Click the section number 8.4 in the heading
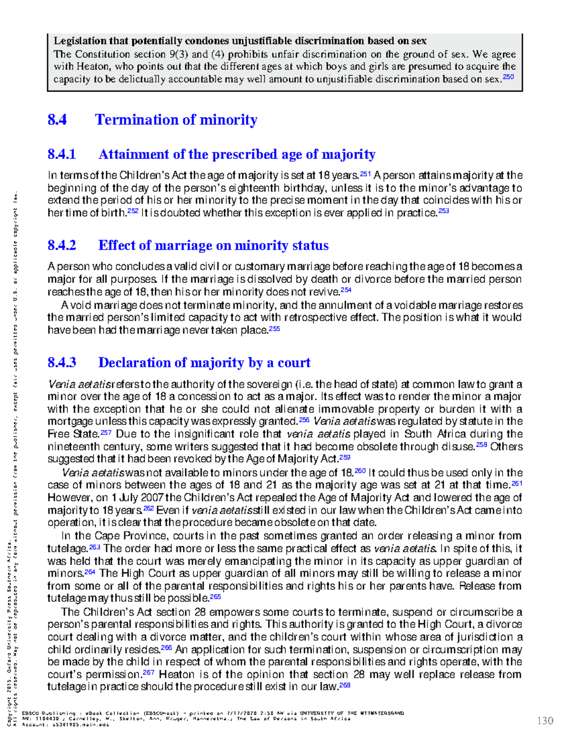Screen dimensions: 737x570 57,120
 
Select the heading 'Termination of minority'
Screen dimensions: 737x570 176,120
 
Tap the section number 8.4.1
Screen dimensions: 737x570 62,154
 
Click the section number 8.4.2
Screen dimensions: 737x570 62,245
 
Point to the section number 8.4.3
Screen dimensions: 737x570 62,363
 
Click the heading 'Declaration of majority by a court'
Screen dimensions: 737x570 204,363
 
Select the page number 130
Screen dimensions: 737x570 545,721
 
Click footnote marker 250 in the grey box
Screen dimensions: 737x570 508,77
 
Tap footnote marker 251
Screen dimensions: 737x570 365,174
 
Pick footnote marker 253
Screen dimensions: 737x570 443,211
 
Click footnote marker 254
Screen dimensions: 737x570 346,290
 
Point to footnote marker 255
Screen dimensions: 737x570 274,328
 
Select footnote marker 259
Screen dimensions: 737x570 345,457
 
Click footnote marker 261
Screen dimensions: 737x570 517,483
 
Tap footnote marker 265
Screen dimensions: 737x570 215,597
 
